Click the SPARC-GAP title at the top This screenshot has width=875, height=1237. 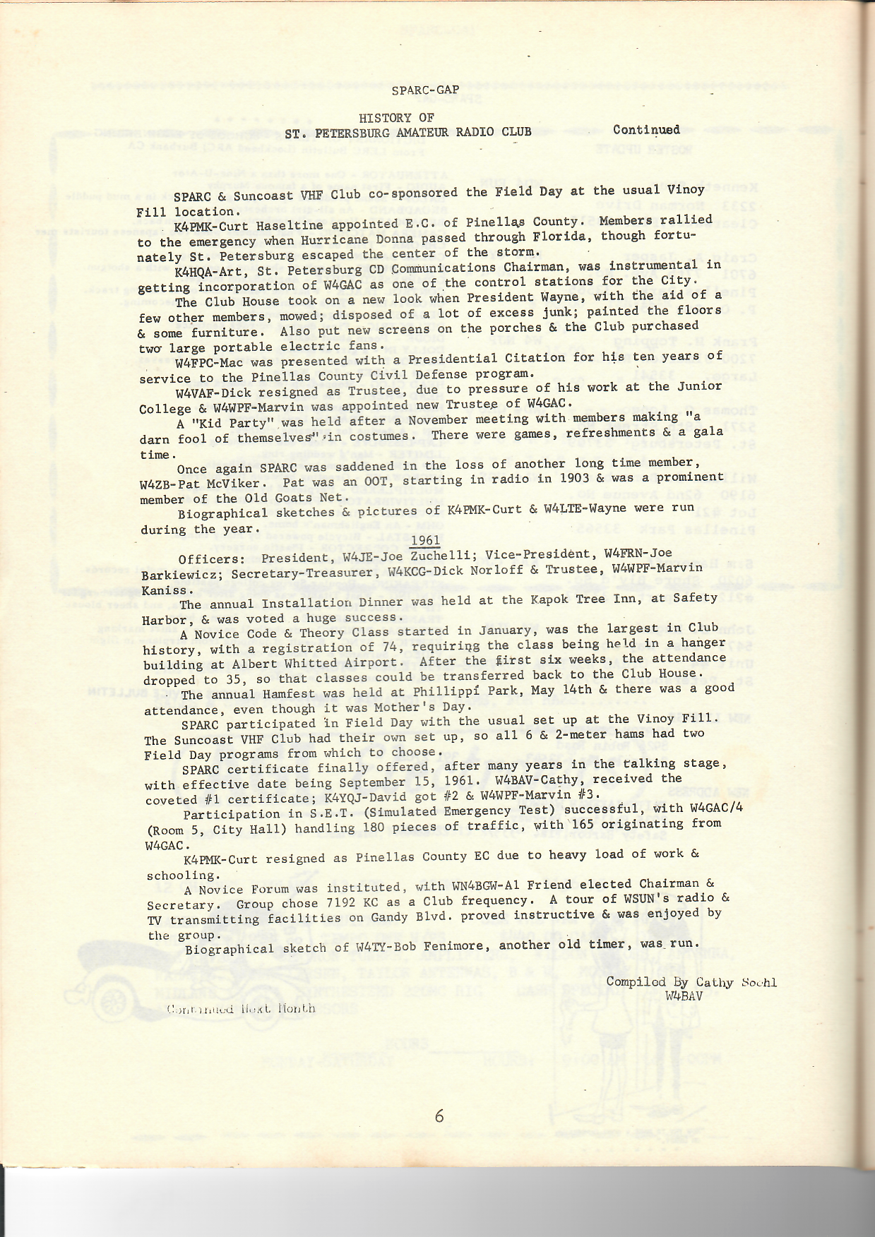pyautogui.click(x=425, y=90)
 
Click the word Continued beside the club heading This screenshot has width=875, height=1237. pyautogui.click(x=646, y=130)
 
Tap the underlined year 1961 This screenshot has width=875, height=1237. pyautogui.click(x=425, y=541)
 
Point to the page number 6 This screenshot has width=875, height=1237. pyautogui.click(x=439, y=1116)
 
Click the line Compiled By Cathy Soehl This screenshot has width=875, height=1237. pyautogui.click(x=690, y=981)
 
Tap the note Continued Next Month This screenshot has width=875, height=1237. pyautogui.click(x=241, y=1008)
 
